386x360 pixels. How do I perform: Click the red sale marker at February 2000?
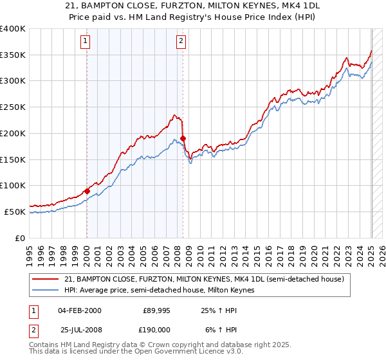[x=87, y=191]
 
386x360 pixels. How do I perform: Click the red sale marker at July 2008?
[x=183, y=138]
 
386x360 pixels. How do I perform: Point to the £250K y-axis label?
[x=13, y=107]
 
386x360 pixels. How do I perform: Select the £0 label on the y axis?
[x=21, y=238]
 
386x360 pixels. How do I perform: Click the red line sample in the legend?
[x=46, y=279]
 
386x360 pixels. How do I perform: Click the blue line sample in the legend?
[x=46, y=291]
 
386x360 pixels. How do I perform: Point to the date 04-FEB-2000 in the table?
[x=79, y=310]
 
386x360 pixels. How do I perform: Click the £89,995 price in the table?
[x=154, y=310]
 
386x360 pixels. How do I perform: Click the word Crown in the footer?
[x=172, y=345]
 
